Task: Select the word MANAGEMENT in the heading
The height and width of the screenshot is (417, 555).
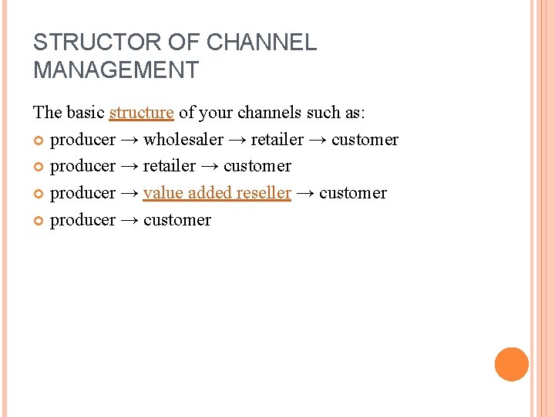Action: pyautogui.click(x=116, y=70)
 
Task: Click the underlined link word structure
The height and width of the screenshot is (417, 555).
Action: pyautogui.click(x=141, y=113)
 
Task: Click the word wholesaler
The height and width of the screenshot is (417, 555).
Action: pyautogui.click(x=183, y=140)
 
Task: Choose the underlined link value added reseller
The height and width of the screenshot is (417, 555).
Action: pyautogui.click(x=217, y=193)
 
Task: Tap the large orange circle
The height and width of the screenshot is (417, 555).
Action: pyautogui.click(x=511, y=364)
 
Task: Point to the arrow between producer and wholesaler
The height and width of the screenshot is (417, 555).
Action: pyautogui.click(x=129, y=141)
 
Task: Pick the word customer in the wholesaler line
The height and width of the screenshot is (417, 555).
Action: pyautogui.click(x=365, y=140)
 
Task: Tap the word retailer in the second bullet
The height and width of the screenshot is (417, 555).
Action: pyautogui.click(x=170, y=166)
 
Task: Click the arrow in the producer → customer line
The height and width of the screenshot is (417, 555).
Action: pyautogui.click(x=129, y=221)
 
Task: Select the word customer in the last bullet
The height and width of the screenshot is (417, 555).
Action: pyautogui.click(x=177, y=220)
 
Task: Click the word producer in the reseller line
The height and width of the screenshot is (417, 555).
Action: pyautogui.click(x=82, y=193)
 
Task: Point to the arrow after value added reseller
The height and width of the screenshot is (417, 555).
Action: pyautogui.click(x=305, y=194)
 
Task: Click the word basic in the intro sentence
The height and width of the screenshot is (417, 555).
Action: pyautogui.click(x=85, y=113)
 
